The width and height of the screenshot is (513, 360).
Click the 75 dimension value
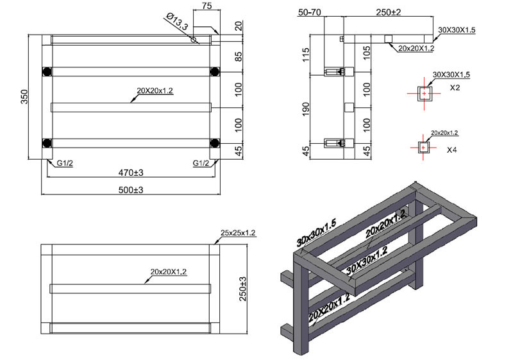[206, 6]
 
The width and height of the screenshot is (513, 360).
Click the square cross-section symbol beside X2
[424, 94]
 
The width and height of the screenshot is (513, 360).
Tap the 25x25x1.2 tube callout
[239, 233]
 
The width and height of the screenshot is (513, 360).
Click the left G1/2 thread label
[63, 163]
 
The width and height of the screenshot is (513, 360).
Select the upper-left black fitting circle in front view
[46, 70]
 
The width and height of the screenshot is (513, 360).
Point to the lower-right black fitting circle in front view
[214, 142]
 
